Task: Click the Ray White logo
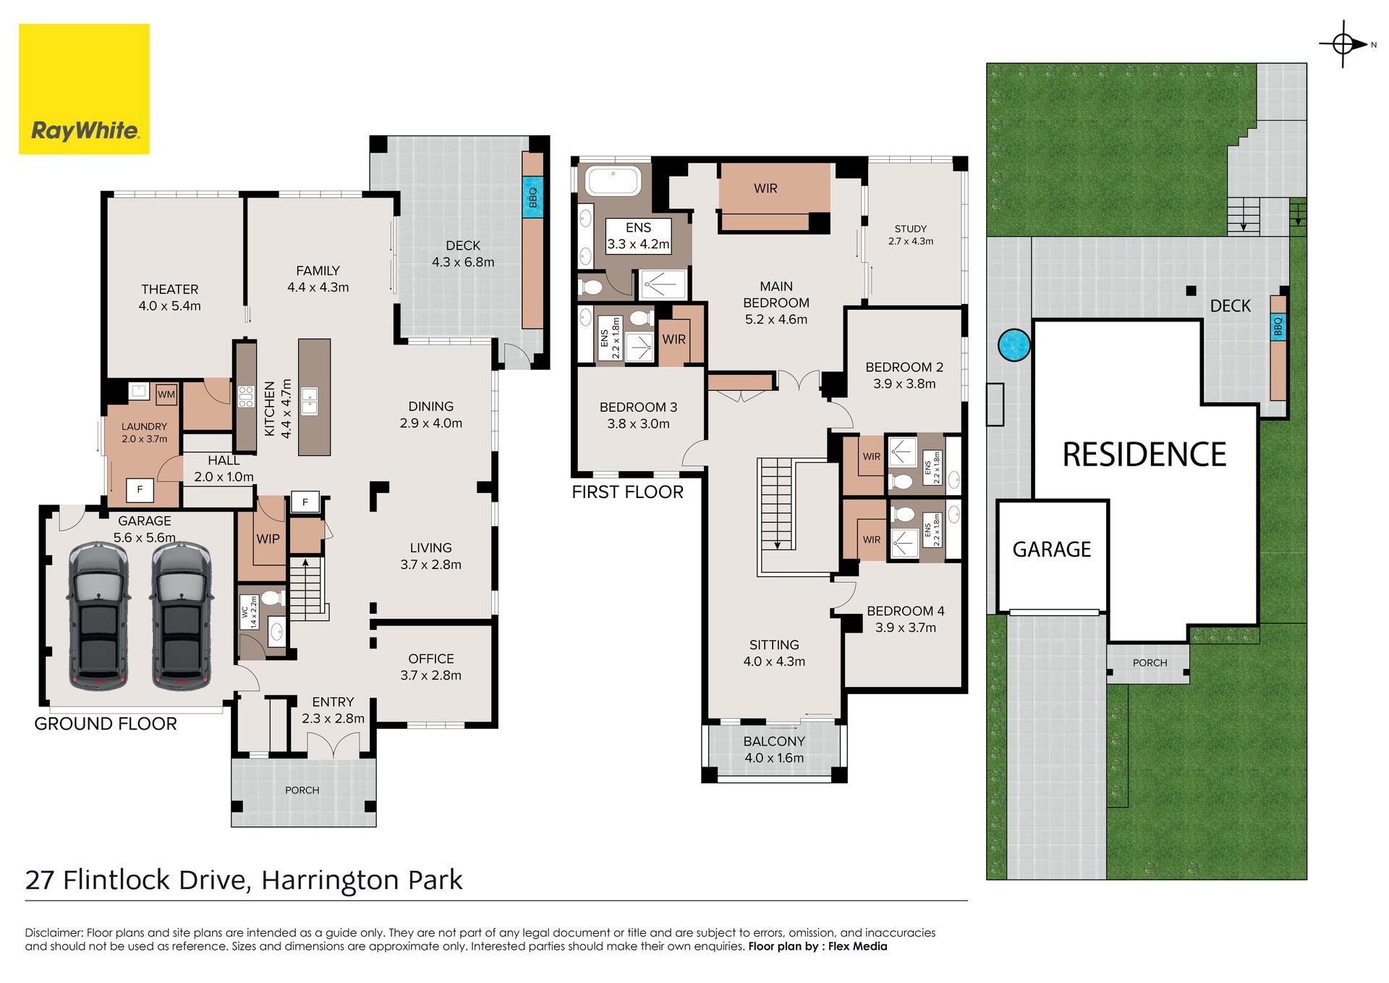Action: click(84, 89)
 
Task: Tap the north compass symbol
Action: click(1344, 44)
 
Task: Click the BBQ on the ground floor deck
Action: click(532, 195)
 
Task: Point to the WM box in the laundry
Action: click(166, 395)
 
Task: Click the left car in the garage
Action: click(99, 615)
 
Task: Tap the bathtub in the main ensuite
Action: click(613, 181)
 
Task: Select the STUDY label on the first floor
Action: click(911, 229)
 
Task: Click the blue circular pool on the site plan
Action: click(1014, 345)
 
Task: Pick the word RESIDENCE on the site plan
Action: click(1144, 455)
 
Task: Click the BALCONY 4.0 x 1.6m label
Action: click(774, 749)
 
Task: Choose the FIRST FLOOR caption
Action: click(627, 492)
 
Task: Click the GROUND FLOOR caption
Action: click(106, 724)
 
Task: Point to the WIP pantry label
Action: click(268, 539)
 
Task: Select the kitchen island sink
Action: click(310, 401)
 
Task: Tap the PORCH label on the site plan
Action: click(1150, 663)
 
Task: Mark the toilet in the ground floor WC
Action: click(271, 599)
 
